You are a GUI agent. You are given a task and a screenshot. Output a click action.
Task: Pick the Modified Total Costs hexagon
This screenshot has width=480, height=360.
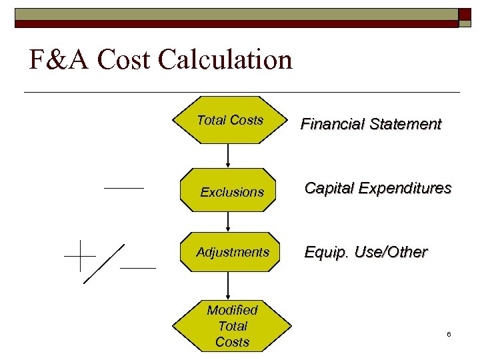pos(232,326)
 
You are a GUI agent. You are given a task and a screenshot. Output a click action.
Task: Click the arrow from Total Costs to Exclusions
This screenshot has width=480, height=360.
pos(229,155)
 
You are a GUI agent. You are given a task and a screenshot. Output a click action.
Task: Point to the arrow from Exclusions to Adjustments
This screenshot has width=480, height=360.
pos(229,221)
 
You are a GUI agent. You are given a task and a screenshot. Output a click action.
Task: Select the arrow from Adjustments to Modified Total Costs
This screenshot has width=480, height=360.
pos(229,285)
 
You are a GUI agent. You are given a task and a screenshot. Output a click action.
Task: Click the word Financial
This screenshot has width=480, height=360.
pos(330,124)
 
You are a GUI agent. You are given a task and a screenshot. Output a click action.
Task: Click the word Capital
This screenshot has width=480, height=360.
pos(329,188)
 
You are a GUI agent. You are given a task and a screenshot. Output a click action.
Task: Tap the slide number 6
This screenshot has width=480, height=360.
pos(449,333)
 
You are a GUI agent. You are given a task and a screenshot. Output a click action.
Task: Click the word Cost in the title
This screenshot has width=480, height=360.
pos(124,60)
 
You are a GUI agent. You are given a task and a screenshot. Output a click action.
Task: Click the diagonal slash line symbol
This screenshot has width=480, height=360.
pos(104,263)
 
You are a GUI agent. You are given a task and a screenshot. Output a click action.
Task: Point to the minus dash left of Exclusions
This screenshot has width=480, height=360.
pos(124,189)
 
